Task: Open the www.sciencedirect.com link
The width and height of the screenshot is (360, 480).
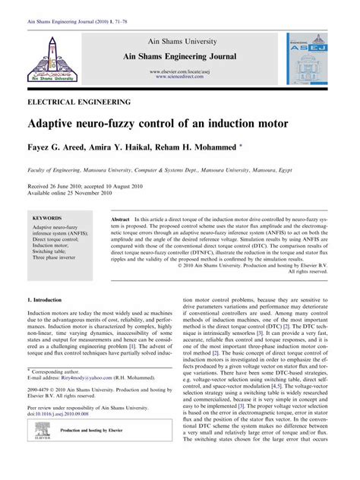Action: [x=182, y=77]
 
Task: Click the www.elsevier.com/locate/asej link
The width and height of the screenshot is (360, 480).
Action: [x=182, y=71]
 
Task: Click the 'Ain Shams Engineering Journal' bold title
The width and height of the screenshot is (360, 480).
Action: [x=182, y=57]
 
